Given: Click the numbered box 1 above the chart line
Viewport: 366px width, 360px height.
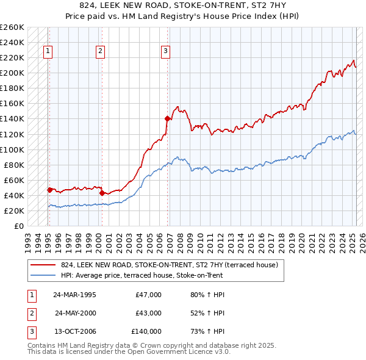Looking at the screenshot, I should pos(48,52).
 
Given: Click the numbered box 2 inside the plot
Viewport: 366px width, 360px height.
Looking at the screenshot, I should pos(100,52).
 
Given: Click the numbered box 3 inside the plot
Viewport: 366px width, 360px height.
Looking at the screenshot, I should pos(165,52).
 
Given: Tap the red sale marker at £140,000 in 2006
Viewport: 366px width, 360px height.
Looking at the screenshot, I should pos(167,118).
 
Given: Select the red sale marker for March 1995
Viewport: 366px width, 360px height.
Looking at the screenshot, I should pos(49,190).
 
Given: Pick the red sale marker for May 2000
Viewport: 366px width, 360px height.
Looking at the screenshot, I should pos(101,193).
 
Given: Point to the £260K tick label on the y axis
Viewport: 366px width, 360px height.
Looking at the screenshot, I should pos(12,27).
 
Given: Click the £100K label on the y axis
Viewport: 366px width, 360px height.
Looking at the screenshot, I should pos(12,149).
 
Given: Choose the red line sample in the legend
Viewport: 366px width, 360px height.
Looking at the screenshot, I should pos(43,265).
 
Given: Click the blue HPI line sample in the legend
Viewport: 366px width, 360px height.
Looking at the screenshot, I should pos(43,275).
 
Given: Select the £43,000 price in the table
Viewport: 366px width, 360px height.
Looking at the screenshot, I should pos(148,313).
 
